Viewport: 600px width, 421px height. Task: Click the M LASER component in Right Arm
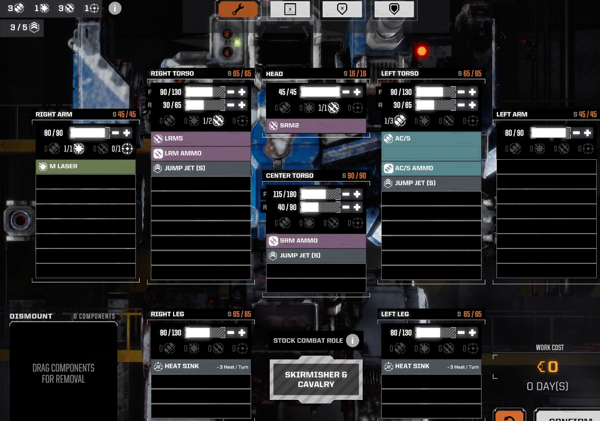click(85, 167)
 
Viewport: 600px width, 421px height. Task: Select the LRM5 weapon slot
click(201, 139)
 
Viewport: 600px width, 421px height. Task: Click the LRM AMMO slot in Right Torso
click(201, 154)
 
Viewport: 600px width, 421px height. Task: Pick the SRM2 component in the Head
click(316, 126)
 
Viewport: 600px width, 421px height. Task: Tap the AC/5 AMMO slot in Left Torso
click(431, 168)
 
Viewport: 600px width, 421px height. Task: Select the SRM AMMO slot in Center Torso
click(316, 241)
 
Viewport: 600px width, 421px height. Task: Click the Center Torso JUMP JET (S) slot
click(316, 256)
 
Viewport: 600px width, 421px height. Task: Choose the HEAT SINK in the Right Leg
click(201, 366)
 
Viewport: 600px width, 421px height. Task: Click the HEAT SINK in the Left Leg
click(431, 366)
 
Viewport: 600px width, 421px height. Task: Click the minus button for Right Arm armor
click(116, 133)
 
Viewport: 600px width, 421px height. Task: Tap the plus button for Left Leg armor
click(472, 333)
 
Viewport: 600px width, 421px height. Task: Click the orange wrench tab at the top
click(238, 9)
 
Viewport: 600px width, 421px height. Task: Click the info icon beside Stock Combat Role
click(353, 340)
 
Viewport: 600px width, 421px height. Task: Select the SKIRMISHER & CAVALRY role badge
click(316, 379)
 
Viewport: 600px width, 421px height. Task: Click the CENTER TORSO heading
click(289, 176)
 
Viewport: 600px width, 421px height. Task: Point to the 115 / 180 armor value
click(285, 194)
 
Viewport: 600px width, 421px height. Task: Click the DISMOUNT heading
click(31, 316)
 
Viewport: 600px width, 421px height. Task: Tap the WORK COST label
click(550, 348)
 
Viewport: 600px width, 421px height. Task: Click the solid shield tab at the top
click(394, 9)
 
